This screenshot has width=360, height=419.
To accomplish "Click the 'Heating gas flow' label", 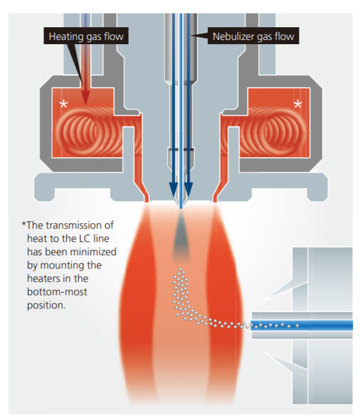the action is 86,36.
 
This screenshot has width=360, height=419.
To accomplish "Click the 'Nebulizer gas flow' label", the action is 253,36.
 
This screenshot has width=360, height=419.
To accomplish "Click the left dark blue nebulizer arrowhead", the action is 173,189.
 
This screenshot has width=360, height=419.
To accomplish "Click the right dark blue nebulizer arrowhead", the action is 188,189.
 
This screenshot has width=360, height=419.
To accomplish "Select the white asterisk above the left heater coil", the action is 64,104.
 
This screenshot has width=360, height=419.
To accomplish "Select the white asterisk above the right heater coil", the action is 298,104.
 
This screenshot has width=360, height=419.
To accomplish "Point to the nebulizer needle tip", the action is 181,207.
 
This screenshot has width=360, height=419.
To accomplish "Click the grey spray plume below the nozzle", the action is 181,235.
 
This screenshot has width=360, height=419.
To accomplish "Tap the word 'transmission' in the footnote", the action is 80,225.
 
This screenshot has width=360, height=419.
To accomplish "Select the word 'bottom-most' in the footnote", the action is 57,291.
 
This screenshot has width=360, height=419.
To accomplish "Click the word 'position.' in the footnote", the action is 46,305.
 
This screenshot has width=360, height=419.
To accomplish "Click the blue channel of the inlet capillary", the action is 302,325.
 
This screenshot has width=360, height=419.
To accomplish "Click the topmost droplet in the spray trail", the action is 180,269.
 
